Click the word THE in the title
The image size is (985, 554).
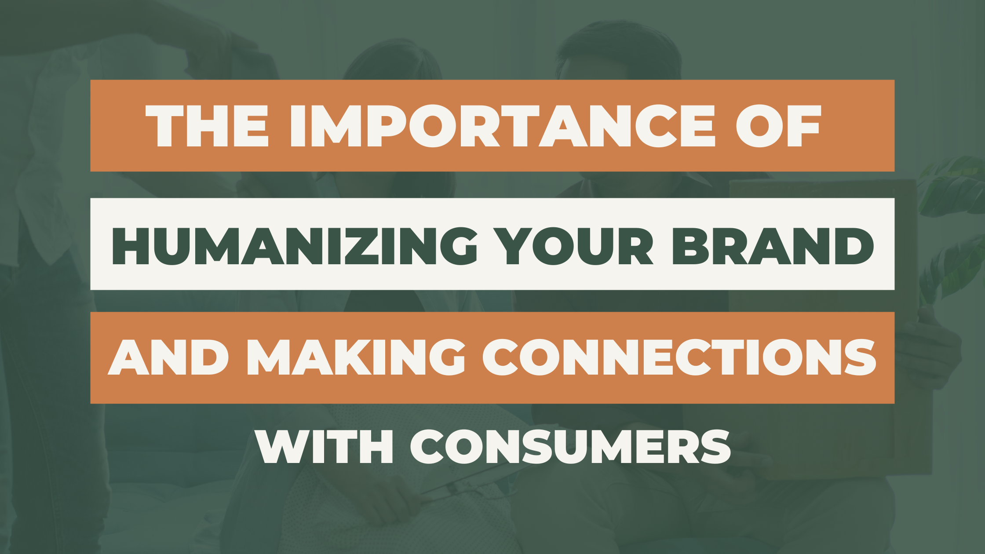pyautogui.click(x=207, y=126)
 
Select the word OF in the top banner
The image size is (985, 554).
pyautogui.click(x=778, y=126)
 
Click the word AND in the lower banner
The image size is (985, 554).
pyautogui.click(x=168, y=357)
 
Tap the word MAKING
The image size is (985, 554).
pyautogui.click(x=356, y=357)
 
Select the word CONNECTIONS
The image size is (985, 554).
pyautogui.click(x=679, y=357)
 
